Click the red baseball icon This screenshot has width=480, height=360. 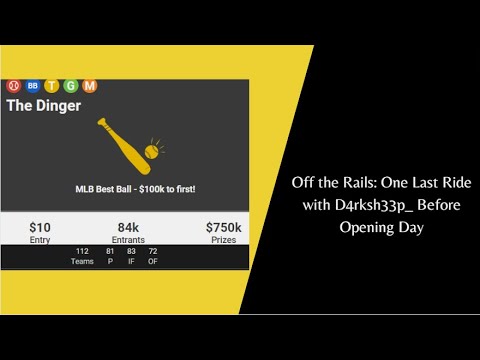click(x=14, y=86)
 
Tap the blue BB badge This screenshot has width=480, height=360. click(x=33, y=86)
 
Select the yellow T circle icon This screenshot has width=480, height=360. click(x=52, y=86)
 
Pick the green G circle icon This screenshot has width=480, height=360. click(x=71, y=86)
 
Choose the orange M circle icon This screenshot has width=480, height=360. click(x=89, y=86)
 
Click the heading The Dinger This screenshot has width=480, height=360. click(x=44, y=104)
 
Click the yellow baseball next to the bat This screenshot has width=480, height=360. click(x=151, y=151)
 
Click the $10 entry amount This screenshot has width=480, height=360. click(x=41, y=228)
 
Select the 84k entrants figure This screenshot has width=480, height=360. click(x=128, y=228)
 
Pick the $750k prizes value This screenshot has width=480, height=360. click(x=223, y=228)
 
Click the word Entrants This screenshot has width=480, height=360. click(x=128, y=240)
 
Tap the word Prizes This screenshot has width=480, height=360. click(x=223, y=240)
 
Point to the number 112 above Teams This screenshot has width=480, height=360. click(x=82, y=251)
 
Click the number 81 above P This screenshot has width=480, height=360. click(x=110, y=251)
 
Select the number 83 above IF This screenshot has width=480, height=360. click(x=131, y=251)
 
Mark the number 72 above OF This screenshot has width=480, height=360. click(x=153, y=251)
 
